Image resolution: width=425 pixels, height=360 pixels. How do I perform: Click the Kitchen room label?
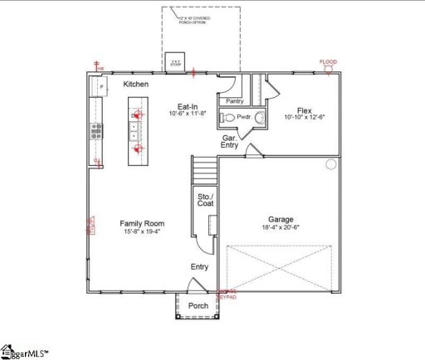pos(136,85)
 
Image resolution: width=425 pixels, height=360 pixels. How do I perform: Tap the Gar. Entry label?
pos(230,142)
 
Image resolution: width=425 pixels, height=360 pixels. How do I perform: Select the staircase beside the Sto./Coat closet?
pos(204,172)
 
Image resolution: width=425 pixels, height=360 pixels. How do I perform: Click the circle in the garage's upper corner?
pos(330,164)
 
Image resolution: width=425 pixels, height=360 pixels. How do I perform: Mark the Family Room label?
pos(142,223)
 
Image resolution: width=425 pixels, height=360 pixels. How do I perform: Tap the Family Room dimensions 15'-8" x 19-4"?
pos(142,232)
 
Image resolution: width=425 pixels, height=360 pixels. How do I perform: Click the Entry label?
pos(200,266)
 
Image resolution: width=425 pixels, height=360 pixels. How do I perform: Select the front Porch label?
pos(198,306)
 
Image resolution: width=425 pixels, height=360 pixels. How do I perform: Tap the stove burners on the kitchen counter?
pos(96,129)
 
